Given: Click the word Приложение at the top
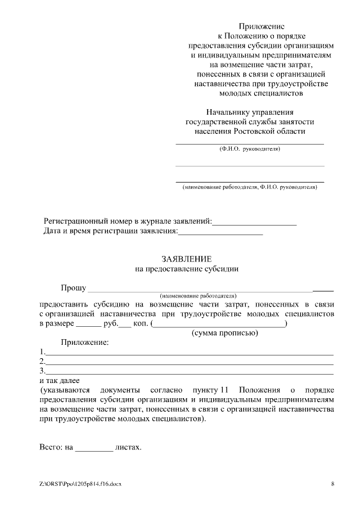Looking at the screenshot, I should coord(262,26).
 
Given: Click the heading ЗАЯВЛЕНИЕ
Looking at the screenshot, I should coord(186,259).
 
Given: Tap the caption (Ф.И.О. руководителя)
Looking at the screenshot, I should coord(249,150).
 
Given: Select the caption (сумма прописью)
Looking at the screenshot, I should coord(224,333).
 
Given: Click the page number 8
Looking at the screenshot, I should coord(332,484).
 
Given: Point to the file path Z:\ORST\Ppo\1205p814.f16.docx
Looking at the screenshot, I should coord(80,484).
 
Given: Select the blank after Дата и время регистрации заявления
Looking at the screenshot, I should coord(220,232).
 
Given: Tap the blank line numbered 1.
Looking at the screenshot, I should coord(189,353).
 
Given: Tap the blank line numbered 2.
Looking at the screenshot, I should coord(189,363).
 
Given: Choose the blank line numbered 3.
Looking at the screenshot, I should coord(189,372).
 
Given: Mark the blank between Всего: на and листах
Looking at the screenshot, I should coord(94,449).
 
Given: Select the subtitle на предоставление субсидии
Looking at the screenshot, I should coord(187,269).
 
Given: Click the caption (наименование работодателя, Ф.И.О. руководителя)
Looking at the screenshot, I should coord(249,187).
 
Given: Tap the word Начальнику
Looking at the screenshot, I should coord(227,112).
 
